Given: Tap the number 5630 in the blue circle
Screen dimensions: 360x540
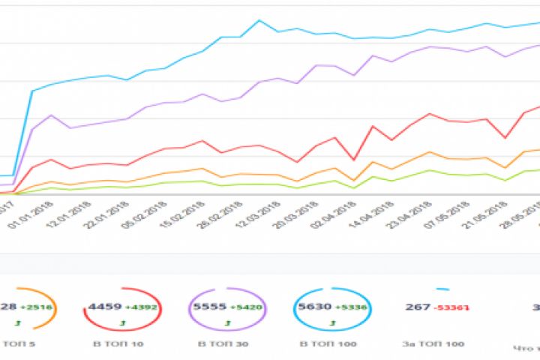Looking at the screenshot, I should click(310, 306).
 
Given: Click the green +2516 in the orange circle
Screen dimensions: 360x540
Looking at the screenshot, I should click(35, 307).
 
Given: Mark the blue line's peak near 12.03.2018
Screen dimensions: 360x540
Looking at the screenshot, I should click(259, 20).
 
